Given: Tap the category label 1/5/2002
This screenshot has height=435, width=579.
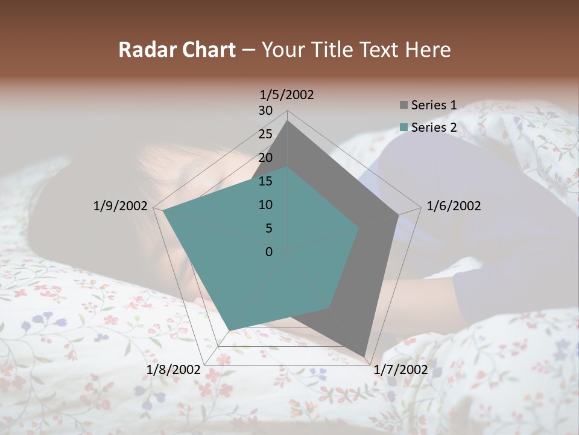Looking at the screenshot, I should coord(287,94).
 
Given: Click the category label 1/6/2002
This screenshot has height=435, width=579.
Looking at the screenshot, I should coord(454,206).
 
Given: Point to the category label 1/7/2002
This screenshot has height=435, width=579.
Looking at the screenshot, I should coord(401,369).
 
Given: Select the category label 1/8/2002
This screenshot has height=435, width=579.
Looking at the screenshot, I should coord(174,369).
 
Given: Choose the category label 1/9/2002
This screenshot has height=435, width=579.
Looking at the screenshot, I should coord(120,206).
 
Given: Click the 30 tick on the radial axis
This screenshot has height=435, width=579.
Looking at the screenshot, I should coord(265,111).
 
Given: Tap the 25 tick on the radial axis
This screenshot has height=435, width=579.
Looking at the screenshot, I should coord(265,134).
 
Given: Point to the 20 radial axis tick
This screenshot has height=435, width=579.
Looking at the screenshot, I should coord(265,158).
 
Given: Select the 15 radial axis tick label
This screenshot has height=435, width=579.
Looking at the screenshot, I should coord(265,181).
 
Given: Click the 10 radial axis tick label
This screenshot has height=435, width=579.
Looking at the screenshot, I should coord(265,205).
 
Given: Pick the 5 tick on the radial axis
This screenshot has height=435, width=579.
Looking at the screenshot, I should coord(268,228).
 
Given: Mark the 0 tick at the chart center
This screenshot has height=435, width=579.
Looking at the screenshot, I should coord(269,252).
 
